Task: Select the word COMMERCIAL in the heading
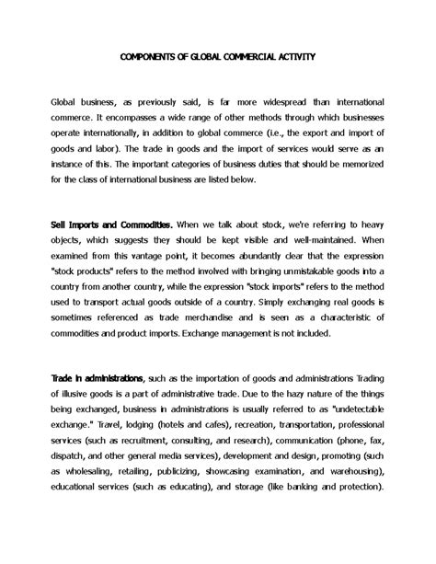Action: tap(243, 56)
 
